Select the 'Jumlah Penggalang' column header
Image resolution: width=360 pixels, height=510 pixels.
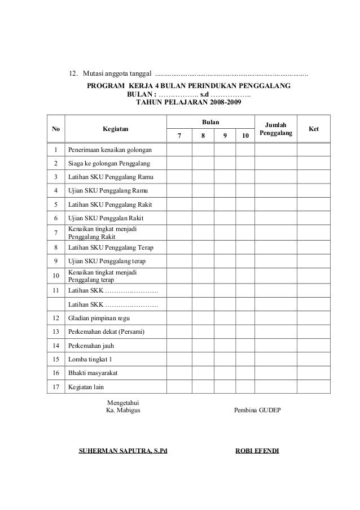275,129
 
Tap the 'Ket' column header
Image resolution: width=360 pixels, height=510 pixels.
314,129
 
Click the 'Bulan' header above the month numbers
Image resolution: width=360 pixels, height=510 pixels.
211,122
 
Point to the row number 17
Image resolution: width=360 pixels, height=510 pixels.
55,387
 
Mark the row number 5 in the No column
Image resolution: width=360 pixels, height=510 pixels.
55,204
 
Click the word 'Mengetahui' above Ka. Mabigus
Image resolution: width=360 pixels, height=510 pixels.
124,402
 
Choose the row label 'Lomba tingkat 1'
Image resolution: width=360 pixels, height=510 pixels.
90,359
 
